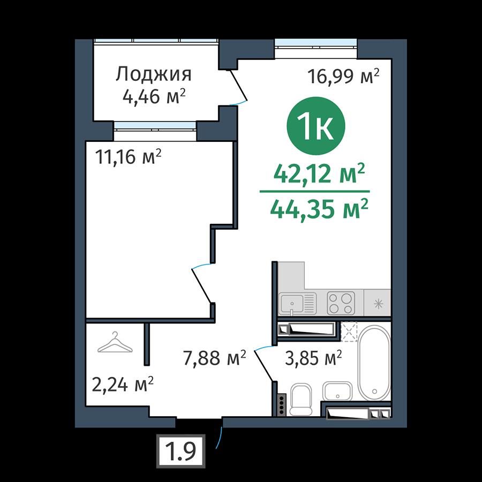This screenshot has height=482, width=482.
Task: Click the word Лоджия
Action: pyautogui.click(x=153, y=74)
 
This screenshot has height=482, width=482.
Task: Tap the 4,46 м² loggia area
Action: pyautogui.click(x=154, y=96)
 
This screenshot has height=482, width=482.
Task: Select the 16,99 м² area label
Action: pyautogui.click(x=344, y=76)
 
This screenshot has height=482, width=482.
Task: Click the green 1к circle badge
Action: pyautogui.click(x=316, y=126)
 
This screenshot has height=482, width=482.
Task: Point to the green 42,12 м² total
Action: pyautogui.click(x=319, y=174)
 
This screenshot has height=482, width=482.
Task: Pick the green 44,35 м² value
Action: pyautogui.click(x=319, y=209)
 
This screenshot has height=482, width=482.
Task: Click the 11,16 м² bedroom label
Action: pyautogui.click(x=128, y=157)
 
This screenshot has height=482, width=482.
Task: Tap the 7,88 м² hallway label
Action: pyautogui.click(x=215, y=358)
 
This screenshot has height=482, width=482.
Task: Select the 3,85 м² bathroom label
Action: pyautogui.click(x=313, y=358)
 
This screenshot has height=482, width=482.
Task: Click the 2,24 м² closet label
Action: pyautogui.click(x=123, y=385)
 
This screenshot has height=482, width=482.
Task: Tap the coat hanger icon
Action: pyautogui.click(x=115, y=342)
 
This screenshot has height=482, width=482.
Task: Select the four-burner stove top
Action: pyautogui.click(x=341, y=304)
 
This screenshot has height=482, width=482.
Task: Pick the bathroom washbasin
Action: pyautogui.click(x=337, y=391)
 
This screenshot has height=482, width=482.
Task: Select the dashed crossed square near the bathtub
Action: pyautogui.click(x=350, y=332)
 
